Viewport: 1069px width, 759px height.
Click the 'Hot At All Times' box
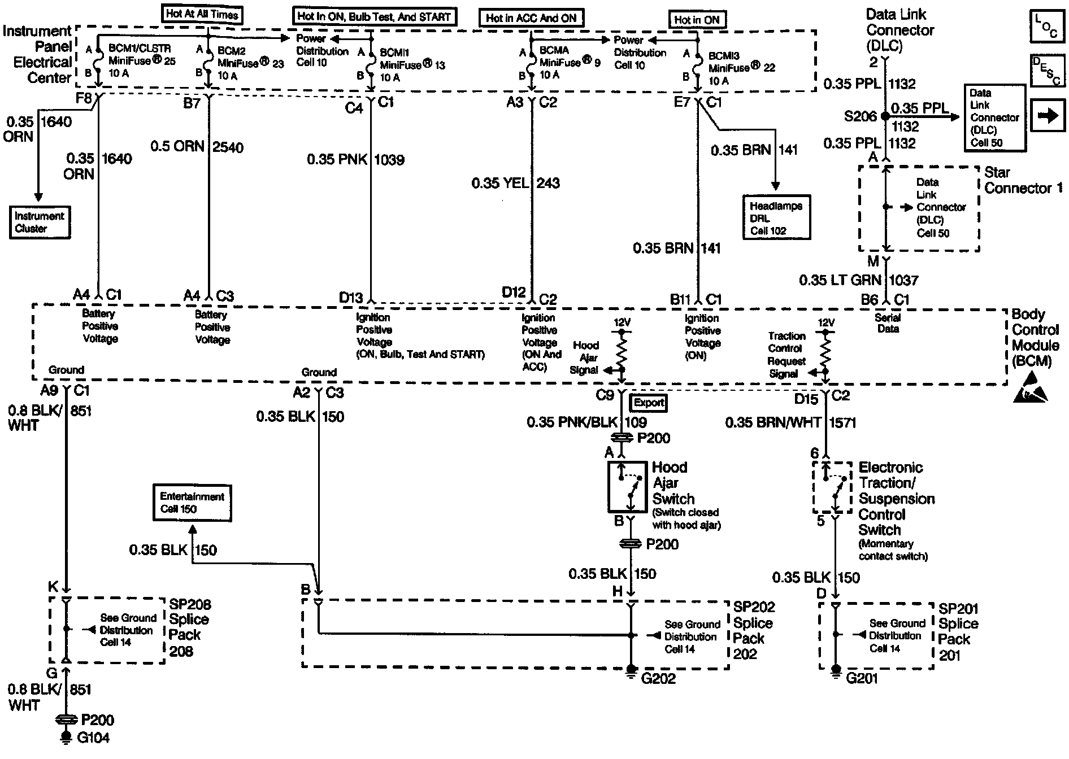pos(202,14)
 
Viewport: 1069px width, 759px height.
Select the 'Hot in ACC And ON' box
pos(531,18)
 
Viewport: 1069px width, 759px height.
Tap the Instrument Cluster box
pos(40,222)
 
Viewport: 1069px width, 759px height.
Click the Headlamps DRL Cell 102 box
pos(776,219)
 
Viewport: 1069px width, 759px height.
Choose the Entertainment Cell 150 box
pos(192,502)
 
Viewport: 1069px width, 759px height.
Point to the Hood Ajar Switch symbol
pos(627,486)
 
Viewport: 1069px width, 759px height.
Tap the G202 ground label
pos(659,678)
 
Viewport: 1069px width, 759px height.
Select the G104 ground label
pos(93,738)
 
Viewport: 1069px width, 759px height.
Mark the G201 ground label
pos(862,678)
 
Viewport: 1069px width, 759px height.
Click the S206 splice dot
pos(885,117)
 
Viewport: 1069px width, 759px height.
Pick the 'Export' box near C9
pos(648,403)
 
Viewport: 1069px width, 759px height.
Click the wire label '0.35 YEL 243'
pos(515,183)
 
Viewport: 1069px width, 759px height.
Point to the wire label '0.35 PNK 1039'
pos(355,160)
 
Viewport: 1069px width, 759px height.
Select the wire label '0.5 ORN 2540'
pos(197,147)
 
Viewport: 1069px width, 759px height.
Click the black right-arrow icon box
pos(1047,116)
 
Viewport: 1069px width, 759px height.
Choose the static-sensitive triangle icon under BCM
pos(1030,394)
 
